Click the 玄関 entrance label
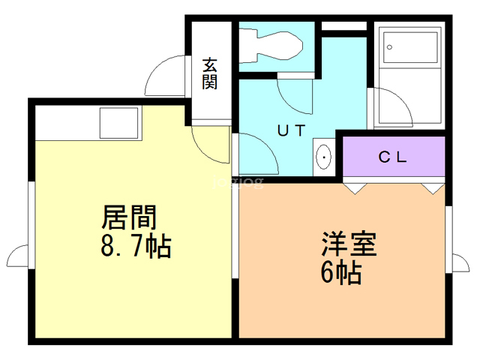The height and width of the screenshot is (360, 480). click(210, 73)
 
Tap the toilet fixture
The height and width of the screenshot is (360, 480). click(271, 45)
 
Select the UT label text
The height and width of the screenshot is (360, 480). click(291, 130)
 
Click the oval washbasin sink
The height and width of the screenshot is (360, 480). click(323, 157)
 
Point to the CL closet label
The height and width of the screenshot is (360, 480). click(392, 157)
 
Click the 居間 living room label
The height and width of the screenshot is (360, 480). click(129, 217)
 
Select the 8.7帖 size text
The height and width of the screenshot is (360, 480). click(136, 246)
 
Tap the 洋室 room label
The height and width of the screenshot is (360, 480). click(349, 244)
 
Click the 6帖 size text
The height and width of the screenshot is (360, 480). click(341, 272)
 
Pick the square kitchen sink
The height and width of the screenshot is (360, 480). click(118, 123)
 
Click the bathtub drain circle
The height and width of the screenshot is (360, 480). click(389, 47)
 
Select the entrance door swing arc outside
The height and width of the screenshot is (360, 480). click(165, 75)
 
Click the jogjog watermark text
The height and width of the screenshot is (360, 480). click(238, 183)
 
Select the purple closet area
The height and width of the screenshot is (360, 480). click(394, 157)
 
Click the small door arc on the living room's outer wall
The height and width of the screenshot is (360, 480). click(17, 256)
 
